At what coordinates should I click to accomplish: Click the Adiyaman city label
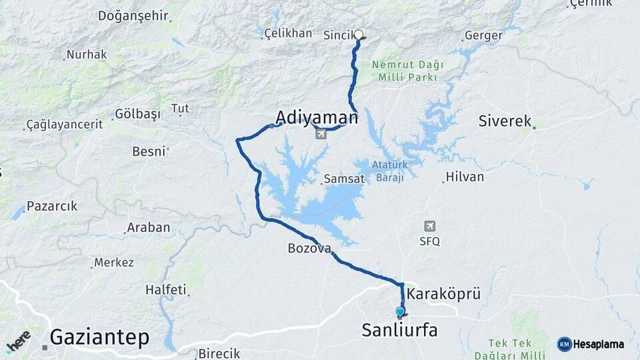pos(317,118)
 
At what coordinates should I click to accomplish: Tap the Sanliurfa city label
pos(399,329)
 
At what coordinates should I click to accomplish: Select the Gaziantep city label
pos(100,337)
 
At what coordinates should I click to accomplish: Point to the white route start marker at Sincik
pos(359,35)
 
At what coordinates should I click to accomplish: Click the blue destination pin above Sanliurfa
pos(400,311)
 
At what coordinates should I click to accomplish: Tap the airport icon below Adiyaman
pos(321,135)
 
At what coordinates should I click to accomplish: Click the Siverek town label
pos(505,121)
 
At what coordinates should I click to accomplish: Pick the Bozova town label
pos(309,249)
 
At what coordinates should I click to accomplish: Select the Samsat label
pos(344,179)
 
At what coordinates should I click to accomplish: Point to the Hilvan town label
pos(465,177)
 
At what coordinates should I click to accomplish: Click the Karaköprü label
pos(443,293)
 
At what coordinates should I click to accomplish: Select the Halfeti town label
pos(165,290)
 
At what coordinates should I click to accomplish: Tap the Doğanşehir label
pos(133,16)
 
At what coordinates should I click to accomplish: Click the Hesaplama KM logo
pos(591,344)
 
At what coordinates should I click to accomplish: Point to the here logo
pos(18,341)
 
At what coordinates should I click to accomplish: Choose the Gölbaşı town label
pos(138,114)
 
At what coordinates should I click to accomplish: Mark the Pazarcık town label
pos(52,206)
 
